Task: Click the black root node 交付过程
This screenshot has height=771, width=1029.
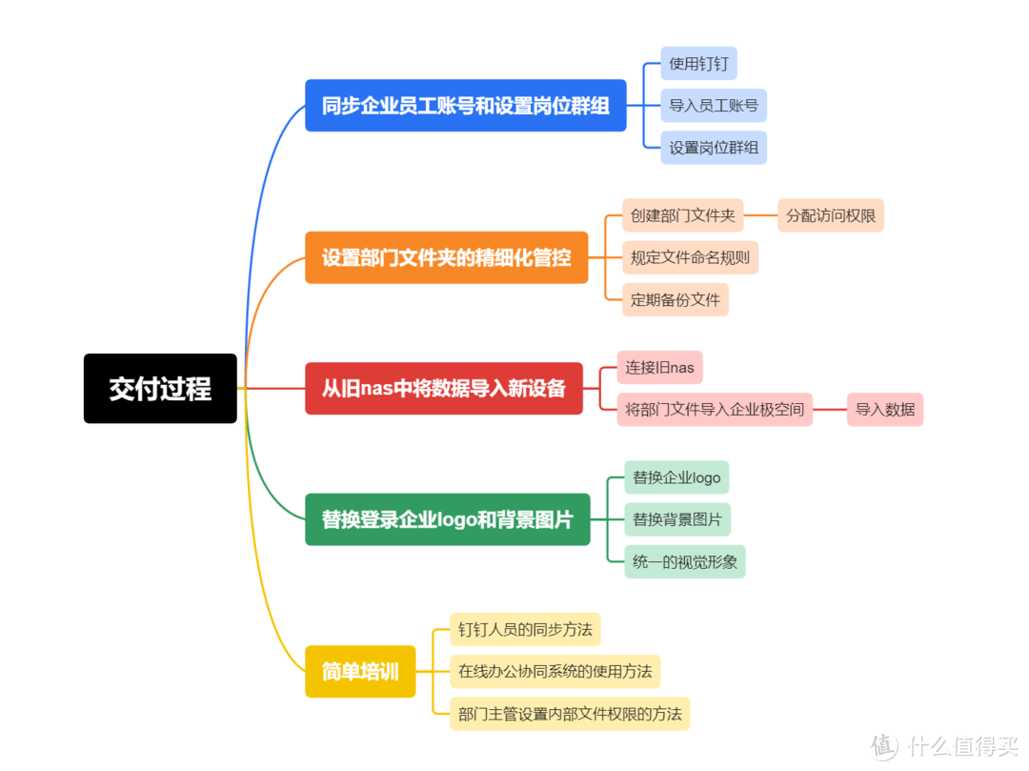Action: point(160,389)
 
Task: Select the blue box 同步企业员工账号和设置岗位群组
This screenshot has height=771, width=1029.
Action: point(465,106)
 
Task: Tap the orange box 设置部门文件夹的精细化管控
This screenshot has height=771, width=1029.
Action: point(446,257)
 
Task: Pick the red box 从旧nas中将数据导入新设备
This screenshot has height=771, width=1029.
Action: point(444,389)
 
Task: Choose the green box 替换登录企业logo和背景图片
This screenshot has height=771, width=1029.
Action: point(448,519)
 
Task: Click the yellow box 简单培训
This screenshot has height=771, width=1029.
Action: point(360,671)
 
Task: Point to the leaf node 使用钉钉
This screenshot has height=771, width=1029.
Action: point(698,64)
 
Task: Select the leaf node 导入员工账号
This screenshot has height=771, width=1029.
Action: point(714,106)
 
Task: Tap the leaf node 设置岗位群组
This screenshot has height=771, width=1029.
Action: point(714,148)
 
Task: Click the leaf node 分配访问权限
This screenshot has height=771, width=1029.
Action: point(831,215)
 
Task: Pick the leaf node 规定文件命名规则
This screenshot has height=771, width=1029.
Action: point(690,257)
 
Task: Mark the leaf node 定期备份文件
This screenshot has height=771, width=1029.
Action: point(676,300)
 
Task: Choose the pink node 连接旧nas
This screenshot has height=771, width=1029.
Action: point(659,368)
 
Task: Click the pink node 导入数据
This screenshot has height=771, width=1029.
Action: point(884,410)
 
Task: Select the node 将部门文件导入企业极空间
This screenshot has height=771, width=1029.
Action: point(715,410)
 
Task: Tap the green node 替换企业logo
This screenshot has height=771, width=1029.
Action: point(676,477)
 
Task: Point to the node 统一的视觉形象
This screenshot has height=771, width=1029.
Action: point(684,561)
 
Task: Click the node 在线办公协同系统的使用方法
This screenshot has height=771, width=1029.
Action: point(555,671)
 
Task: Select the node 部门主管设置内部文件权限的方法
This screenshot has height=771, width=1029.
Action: point(570,713)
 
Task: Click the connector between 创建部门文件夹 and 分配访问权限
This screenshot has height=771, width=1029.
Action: point(760,215)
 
